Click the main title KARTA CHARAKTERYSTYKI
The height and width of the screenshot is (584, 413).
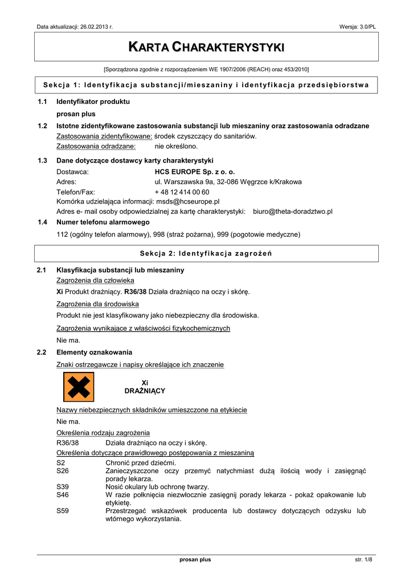click(206, 46)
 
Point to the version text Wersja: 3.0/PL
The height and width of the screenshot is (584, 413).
click(358, 27)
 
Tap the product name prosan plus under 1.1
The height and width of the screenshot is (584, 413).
click(76, 114)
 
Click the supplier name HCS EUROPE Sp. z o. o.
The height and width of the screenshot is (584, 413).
click(194, 171)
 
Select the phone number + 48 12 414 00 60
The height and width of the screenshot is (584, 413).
click(182, 192)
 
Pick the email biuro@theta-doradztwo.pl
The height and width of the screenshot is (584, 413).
click(293, 212)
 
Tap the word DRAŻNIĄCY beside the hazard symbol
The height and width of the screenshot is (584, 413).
click(145, 391)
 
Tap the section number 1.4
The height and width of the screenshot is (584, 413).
click(42, 222)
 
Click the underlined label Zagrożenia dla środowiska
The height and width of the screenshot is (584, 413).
click(97, 304)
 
